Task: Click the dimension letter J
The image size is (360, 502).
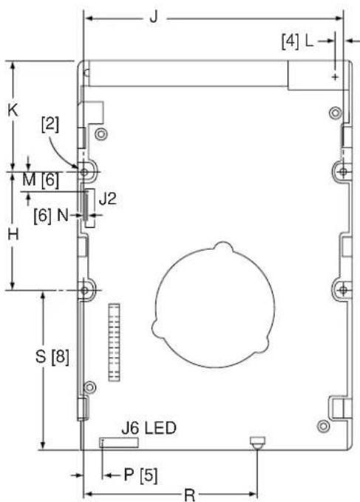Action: coord(154,17)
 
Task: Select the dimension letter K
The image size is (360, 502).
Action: coord(13,110)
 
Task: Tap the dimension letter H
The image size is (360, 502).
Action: coord(13,234)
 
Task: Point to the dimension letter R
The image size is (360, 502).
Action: coord(190,495)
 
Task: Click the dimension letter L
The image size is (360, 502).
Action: coord(309,41)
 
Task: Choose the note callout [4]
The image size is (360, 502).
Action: coord(291,41)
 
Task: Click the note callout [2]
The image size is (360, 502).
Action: coord(50,124)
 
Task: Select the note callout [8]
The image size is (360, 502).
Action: coord(60,356)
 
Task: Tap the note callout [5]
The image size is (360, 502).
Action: coord(149,475)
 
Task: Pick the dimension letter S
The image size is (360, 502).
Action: coord(41,356)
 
